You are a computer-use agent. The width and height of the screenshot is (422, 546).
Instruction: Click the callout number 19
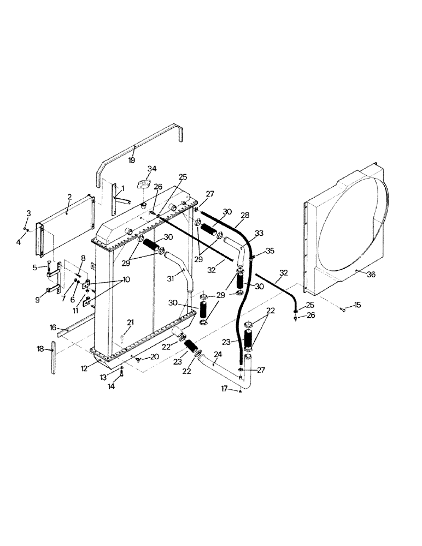132,161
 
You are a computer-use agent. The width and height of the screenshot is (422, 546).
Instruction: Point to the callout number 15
357,305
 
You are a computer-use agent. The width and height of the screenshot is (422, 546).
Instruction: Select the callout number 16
53,327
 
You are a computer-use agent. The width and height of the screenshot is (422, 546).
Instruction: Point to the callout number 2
69,197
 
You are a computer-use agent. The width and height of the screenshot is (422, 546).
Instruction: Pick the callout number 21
130,322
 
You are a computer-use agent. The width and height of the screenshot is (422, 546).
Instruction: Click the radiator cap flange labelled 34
145,184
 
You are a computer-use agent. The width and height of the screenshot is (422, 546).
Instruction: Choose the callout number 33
259,233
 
